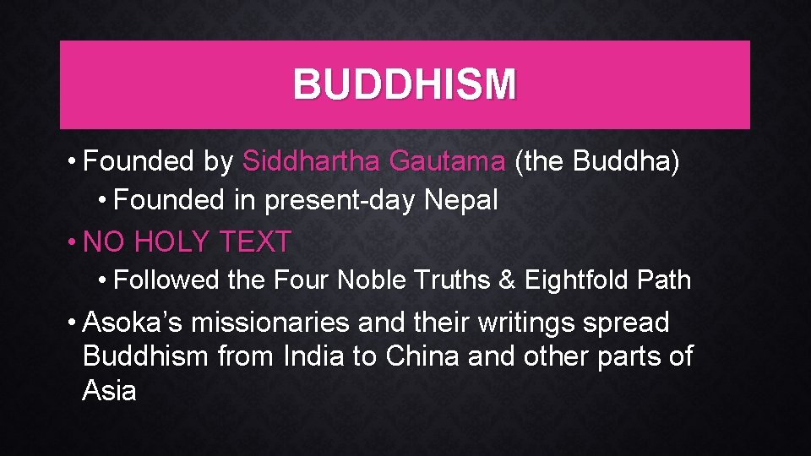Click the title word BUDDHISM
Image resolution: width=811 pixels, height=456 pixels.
coord(405,84)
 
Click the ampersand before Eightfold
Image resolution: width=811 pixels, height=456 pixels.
coord(507,280)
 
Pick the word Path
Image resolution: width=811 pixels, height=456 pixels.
coord(663,280)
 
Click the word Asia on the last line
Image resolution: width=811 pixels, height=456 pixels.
coord(110,390)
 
